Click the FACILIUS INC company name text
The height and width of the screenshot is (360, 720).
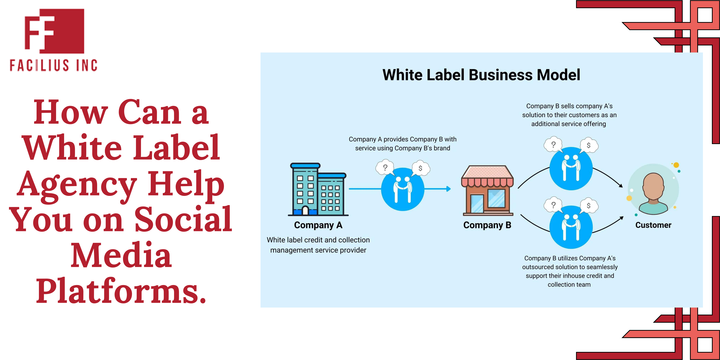(53, 65)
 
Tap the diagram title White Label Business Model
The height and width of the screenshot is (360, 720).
(481, 75)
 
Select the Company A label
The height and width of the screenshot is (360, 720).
(318, 225)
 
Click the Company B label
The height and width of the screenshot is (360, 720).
(487, 225)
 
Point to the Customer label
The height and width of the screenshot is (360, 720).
(653, 225)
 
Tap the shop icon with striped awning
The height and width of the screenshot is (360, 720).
(487, 190)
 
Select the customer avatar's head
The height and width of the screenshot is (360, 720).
(653, 186)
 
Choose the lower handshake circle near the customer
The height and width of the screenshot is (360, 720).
(571, 227)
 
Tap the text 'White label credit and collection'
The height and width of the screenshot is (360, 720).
(318, 240)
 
